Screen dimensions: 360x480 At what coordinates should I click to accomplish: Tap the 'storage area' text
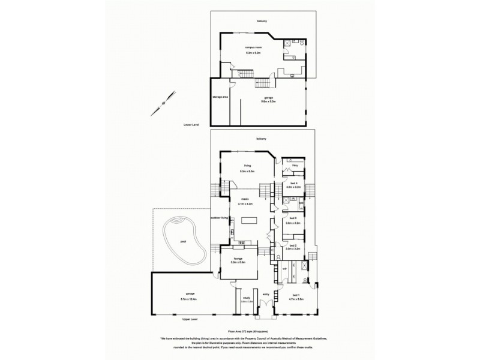(220, 97)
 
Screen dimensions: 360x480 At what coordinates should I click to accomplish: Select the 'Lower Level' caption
(191, 125)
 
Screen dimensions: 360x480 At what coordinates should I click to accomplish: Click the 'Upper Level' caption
(191, 320)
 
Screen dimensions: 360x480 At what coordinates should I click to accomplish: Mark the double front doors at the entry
(265, 313)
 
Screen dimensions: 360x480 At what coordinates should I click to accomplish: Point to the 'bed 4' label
(293, 183)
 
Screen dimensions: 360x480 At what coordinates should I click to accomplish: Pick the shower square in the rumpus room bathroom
(289, 43)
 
